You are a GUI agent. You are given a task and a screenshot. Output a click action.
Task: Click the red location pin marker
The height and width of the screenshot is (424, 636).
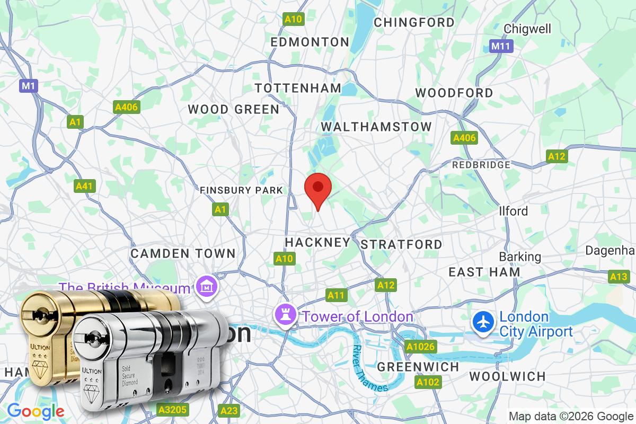pos(318,189)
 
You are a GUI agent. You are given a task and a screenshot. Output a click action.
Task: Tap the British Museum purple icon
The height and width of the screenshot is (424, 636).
pos(204,287)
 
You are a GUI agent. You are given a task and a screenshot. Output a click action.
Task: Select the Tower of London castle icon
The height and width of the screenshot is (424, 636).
pos(281,316)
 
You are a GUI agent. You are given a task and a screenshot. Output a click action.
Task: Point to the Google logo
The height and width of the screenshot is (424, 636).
pos(36,411)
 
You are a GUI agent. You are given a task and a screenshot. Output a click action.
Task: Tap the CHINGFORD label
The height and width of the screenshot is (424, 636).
pos(414,22)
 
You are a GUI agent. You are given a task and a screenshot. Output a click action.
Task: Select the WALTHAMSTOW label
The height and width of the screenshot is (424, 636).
pos(376,127)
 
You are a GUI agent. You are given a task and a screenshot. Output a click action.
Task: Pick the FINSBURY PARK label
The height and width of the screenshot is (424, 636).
pos(241,190)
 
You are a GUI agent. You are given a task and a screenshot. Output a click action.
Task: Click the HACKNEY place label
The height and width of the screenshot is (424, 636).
pos(317,242)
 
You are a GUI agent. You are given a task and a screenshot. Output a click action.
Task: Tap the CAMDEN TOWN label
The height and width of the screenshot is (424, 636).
pos(183,253)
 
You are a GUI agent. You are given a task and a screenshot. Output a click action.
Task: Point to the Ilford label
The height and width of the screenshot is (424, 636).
pos(513,211)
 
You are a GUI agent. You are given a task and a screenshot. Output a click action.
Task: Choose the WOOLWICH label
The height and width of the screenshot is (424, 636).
pos(507,376)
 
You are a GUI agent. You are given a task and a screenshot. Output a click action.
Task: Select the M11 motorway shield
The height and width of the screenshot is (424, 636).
pos(500,46)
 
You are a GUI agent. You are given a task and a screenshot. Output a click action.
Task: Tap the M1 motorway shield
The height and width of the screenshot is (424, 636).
pos(29,85)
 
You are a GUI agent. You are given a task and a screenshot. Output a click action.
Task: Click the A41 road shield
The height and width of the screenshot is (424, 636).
pos(85,186)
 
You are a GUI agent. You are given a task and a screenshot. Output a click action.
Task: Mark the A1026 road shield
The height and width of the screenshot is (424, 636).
pos(420,347)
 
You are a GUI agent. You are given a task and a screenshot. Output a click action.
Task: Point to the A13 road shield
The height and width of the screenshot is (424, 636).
pos(619,276)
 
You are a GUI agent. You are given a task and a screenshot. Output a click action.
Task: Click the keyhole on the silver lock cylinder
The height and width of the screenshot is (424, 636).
pos(93,338)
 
